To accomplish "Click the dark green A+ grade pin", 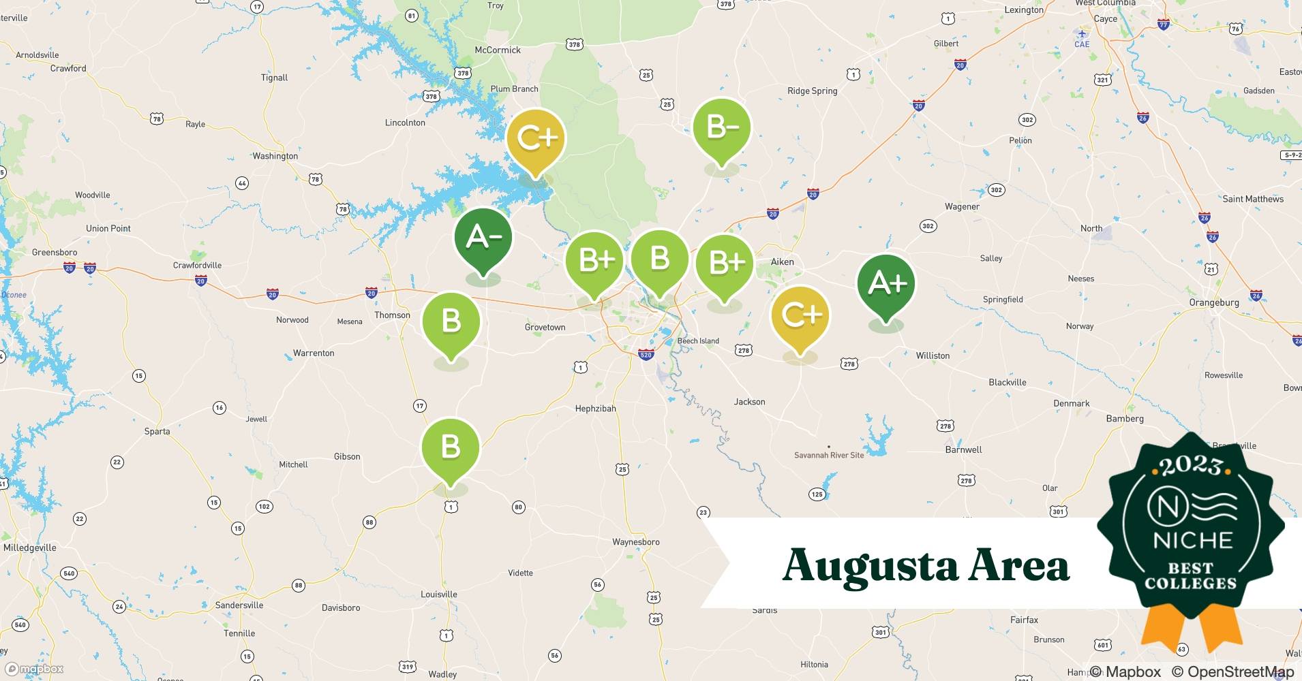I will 885,284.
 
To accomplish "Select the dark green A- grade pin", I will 483,238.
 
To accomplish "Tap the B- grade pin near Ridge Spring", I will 721,128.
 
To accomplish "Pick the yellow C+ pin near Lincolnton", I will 536,139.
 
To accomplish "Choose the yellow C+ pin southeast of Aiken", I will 800,315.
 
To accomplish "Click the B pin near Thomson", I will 451,321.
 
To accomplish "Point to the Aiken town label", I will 782,262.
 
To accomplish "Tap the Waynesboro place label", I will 635,542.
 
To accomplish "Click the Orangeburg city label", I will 1213,302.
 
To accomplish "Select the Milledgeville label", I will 30,548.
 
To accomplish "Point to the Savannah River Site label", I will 828,455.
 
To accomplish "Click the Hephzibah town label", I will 595,409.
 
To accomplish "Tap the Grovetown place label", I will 545,328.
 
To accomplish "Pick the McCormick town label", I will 498,50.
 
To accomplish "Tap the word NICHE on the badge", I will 1192,541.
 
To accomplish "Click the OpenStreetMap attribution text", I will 1232,671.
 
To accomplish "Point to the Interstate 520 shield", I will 646,355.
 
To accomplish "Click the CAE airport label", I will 1082,44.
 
